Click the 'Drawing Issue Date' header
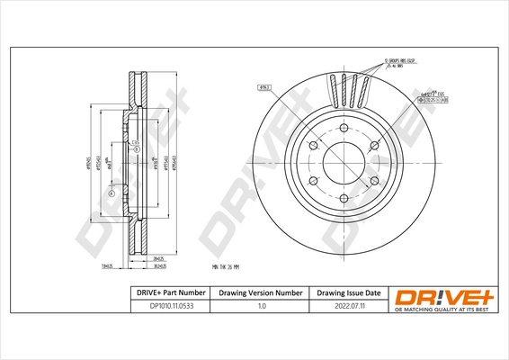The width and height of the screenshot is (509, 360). pos(348,293)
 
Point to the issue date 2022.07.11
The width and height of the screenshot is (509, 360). pos(348,306)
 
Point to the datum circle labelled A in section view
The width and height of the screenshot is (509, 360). pos(112,194)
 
